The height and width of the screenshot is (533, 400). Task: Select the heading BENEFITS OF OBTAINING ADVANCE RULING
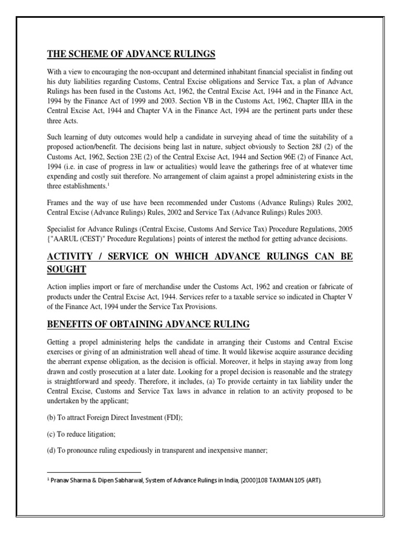[148, 324]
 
